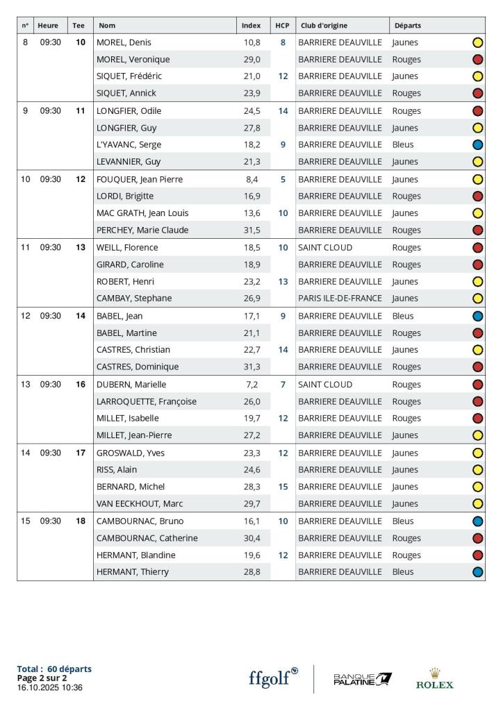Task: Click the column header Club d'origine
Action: [324, 26]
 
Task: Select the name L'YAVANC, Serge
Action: [129, 144]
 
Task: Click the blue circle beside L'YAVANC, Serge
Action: [477, 144]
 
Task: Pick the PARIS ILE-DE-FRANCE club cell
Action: [340, 299]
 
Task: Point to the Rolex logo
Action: [435, 678]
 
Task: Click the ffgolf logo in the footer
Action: [273, 678]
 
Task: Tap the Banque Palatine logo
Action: [363, 678]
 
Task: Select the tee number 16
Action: [81, 384]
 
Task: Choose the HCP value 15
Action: [283, 487]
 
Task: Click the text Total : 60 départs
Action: [54, 669]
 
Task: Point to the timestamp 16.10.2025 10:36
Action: [49, 687]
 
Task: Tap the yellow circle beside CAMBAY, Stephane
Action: [477, 299]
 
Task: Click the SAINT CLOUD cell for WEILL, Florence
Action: [325, 247]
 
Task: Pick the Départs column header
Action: [407, 26]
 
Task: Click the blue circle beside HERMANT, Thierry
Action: [477, 572]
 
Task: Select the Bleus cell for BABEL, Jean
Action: [403, 316]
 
